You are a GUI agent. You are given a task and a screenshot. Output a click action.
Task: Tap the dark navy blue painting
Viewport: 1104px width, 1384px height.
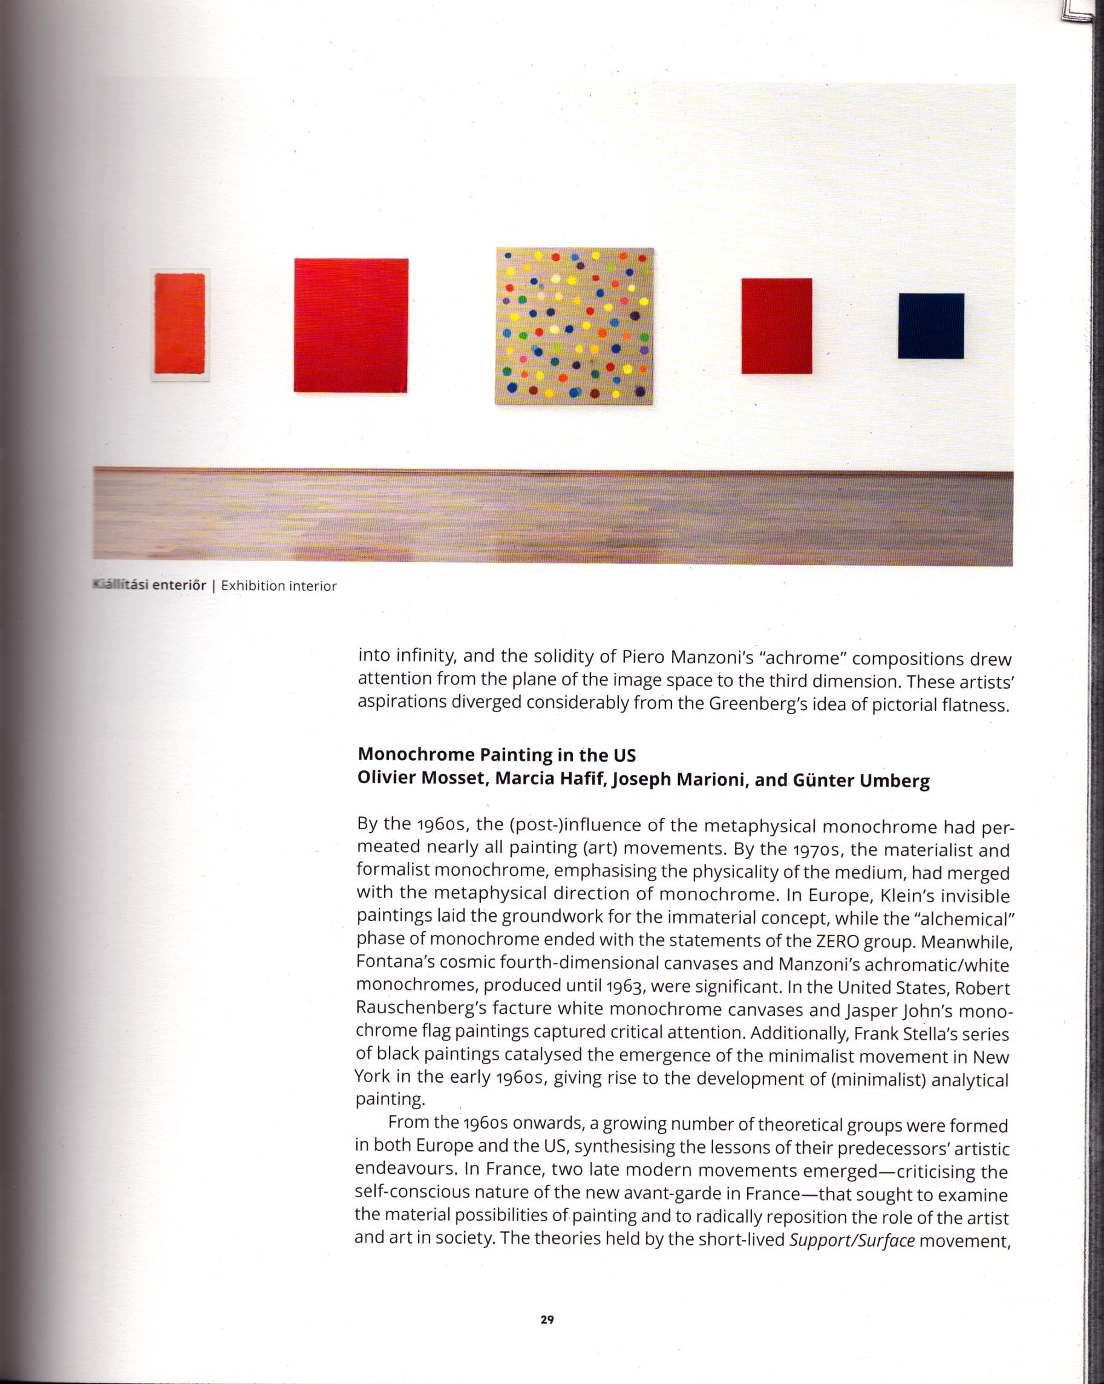click(x=931, y=326)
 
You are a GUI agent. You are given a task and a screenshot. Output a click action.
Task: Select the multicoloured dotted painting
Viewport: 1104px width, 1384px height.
click(x=575, y=326)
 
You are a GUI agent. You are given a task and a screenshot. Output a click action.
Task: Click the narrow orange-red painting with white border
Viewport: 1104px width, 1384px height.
click(x=180, y=326)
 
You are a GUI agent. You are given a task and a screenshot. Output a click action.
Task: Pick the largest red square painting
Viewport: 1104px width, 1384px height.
click(x=351, y=325)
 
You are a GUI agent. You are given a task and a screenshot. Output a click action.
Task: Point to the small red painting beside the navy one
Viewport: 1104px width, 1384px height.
click(x=777, y=326)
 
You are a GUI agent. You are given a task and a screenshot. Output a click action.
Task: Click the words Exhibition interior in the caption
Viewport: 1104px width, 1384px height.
click(x=278, y=585)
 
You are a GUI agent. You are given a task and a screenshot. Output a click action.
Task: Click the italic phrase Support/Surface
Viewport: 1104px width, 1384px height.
click(x=852, y=1240)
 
